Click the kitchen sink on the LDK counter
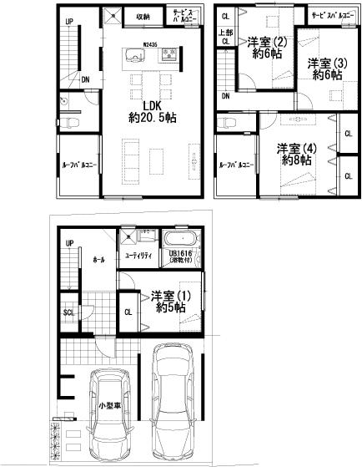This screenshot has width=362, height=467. [x=133, y=56]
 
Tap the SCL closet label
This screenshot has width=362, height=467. [x=68, y=313]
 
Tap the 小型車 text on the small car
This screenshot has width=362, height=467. [x=108, y=406]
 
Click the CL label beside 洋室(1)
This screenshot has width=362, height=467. [x=128, y=312]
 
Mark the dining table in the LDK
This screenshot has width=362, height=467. [x=150, y=83]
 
